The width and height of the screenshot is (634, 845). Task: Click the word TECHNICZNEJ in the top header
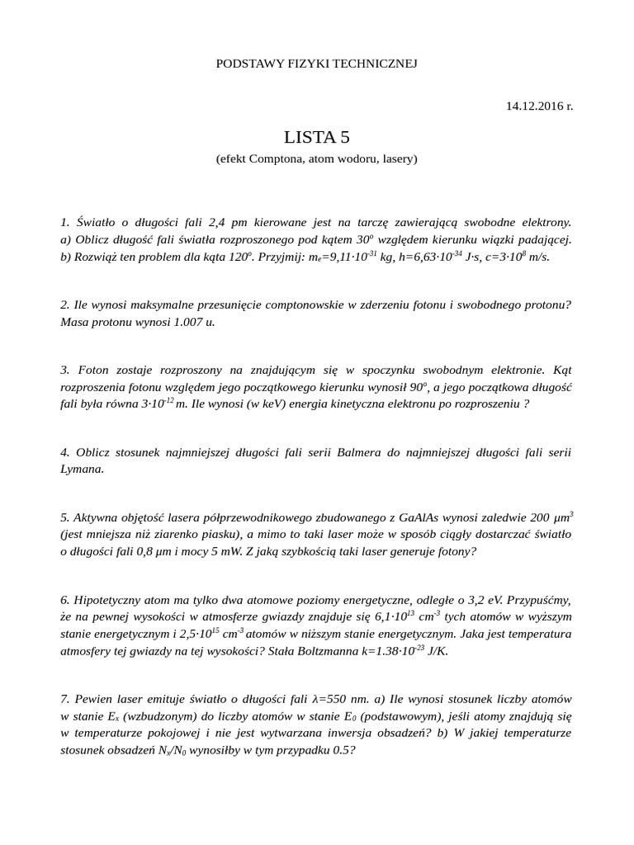tap(374, 64)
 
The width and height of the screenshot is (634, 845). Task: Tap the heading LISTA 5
tap(316, 137)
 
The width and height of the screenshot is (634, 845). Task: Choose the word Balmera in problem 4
tap(350, 452)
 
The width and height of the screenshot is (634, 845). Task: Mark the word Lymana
tap(82, 469)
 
